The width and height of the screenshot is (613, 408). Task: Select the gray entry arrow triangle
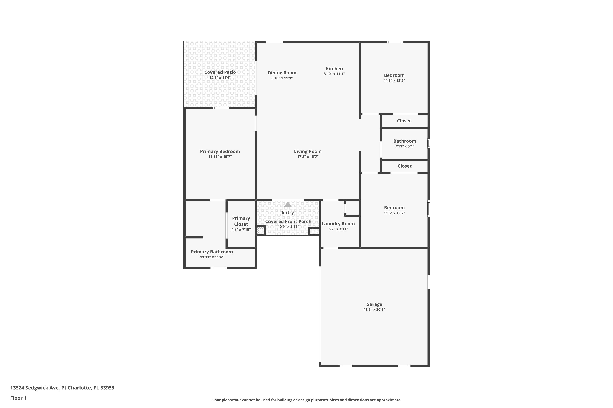[x=287, y=205]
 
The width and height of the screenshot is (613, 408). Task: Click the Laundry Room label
[x=338, y=224]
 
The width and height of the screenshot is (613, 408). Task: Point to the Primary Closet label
[x=241, y=221]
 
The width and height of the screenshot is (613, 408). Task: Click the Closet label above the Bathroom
[x=404, y=121]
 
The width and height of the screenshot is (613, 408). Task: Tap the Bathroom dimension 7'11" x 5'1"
[x=405, y=146]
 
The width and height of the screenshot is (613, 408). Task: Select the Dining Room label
[x=282, y=73]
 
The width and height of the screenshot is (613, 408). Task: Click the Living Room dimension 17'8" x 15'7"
[x=308, y=157]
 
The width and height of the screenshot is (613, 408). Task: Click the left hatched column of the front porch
[x=260, y=231]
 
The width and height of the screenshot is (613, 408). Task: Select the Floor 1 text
[x=18, y=398]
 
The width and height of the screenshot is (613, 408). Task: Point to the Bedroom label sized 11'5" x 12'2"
[x=394, y=75]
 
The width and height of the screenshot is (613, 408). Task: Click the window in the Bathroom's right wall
[x=428, y=143]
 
